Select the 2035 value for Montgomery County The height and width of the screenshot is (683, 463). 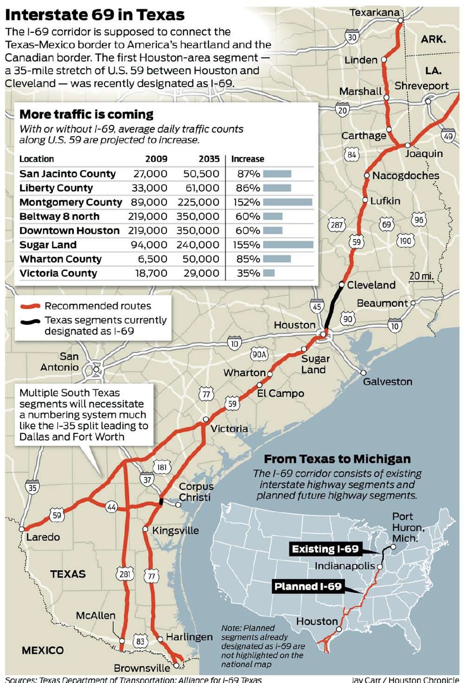[198, 202]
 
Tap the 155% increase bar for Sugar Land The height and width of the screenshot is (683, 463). [288, 245]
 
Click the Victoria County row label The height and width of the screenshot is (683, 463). [58, 274]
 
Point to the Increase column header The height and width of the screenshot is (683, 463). [247, 159]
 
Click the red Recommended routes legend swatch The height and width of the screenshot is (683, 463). [30, 306]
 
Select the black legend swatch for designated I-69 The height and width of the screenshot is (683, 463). [30, 322]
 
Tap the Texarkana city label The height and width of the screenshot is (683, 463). [374, 12]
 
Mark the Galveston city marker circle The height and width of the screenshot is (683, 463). [364, 372]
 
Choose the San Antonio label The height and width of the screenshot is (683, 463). [61, 362]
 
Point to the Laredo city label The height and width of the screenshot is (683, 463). [43, 537]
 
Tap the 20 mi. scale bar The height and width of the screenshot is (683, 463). [420, 277]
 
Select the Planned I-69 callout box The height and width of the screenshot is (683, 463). [308, 587]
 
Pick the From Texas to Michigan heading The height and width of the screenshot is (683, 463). [337, 459]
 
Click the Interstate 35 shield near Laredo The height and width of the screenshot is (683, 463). [32, 488]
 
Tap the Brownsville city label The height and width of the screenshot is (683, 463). [142, 668]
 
